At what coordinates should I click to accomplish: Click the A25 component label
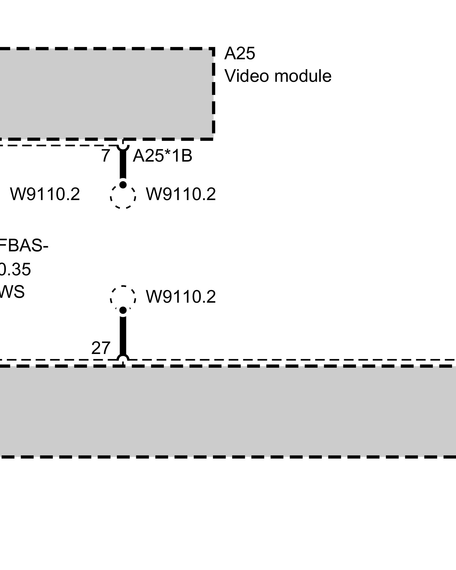pyautogui.click(x=239, y=54)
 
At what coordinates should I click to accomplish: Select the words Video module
pyautogui.click(x=278, y=76)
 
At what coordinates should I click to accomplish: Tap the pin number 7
pyautogui.click(x=105, y=156)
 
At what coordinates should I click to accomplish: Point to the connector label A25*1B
pyautogui.click(x=162, y=156)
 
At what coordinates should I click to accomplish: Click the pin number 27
pyautogui.click(x=101, y=348)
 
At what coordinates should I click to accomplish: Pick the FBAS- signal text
pyautogui.click(x=24, y=246)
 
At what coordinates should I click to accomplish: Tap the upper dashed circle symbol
pyautogui.click(x=123, y=196)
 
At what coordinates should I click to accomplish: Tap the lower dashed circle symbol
pyautogui.click(x=123, y=298)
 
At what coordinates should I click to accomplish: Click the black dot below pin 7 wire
pyautogui.click(x=123, y=185)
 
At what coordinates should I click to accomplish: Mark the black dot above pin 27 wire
pyautogui.click(x=123, y=310)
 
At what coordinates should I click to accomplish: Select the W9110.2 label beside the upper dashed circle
pyautogui.click(x=181, y=195)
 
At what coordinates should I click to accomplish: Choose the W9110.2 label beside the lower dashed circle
pyautogui.click(x=181, y=297)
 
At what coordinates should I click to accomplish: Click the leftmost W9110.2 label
pyautogui.click(x=45, y=195)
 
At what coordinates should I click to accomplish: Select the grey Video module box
pyautogui.click(x=105, y=94)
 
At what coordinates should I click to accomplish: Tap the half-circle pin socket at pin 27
pyautogui.click(x=123, y=358)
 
